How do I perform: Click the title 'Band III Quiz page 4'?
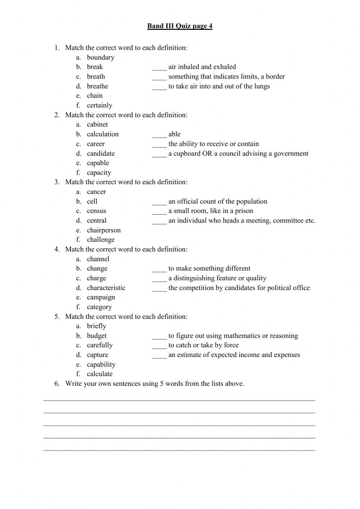(x=180, y=26)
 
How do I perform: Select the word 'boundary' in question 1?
(x=100, y=57)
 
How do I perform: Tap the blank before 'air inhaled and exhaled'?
(x=159, y=67)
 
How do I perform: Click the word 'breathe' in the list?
(x=97, y=86)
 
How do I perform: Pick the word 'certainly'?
(x=99, y=105)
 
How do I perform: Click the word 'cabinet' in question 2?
(x=97, y=124)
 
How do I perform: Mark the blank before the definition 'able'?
(x=159, y=134)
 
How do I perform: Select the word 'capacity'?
(x=99, y=173)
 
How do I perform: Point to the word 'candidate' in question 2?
(x=100, y=153)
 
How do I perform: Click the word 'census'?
(x=96, y=211)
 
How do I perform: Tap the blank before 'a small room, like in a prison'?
(x=159, y=211)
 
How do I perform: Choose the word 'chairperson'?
(x=104, y=230)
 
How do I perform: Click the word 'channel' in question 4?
(x=98, y=259)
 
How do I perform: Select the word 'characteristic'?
(x=106, y=288)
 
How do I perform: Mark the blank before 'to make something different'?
(x=159, y=269)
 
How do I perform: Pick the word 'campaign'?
(x=101, y=297)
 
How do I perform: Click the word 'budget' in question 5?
(x=96, y=336)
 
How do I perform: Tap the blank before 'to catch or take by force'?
(x=159, y=345)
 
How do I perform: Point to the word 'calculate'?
(x=100, y=374)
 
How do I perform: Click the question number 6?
(x=57, y=384)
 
